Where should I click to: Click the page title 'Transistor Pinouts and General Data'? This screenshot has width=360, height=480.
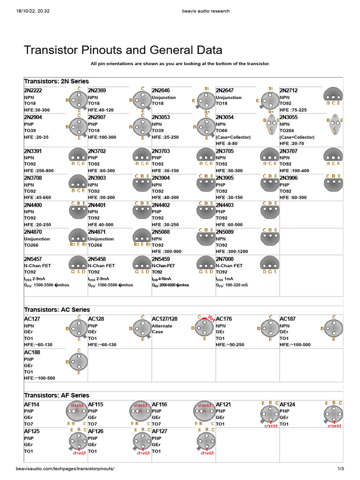123,50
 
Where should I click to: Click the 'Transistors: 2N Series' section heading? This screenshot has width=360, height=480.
56,81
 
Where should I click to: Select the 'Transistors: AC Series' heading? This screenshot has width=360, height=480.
57,310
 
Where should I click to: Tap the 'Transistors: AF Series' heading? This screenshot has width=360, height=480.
56,395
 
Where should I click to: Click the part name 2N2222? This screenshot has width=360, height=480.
33,90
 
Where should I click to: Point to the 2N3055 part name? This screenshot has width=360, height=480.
288,117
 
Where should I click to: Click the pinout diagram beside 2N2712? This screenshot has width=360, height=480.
333,95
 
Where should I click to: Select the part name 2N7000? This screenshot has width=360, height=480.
225,259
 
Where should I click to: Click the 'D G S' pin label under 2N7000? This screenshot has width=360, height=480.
269,271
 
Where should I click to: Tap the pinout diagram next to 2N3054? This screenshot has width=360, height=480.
270,125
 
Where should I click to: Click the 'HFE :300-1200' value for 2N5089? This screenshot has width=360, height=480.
232,251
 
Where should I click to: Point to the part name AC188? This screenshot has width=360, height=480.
32,352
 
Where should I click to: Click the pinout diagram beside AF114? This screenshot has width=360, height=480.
77,412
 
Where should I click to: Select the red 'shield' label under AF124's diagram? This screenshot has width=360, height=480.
334,426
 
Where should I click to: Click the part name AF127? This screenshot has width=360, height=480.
159,431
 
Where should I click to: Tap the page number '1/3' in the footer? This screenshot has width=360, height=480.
341,469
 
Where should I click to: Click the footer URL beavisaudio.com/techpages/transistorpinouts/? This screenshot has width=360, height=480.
65,469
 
